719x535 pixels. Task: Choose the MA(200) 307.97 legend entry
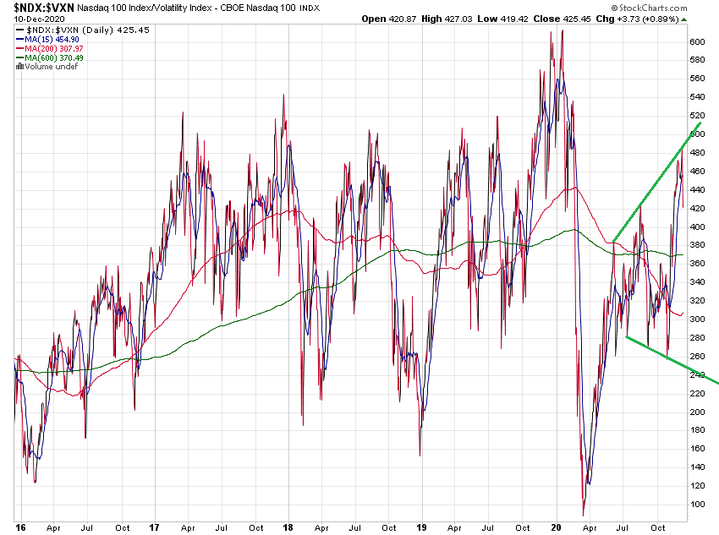coord(58,49)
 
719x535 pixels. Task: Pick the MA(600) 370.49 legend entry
coord(58,58)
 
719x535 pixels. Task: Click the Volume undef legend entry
coord(48,67)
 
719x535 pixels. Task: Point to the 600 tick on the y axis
coord(696,41)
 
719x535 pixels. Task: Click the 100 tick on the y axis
coord(696,505)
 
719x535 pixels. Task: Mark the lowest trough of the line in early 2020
coord(583,514)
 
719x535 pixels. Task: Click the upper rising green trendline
coord(656,182)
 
